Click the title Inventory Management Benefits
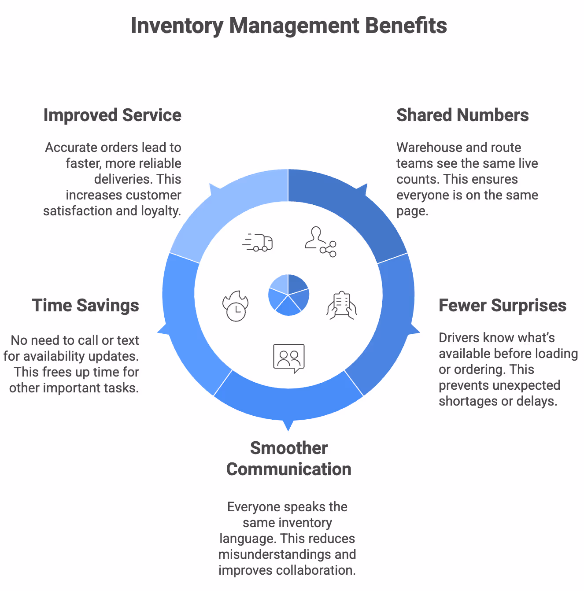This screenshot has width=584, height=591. click(289, 26)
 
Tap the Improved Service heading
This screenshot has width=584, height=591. click(112, 115)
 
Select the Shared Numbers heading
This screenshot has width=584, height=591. click(462, 115)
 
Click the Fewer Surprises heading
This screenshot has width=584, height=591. click(503, 306)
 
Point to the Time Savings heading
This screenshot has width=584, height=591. click(85, 306)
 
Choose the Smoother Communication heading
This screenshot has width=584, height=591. click(289, 458)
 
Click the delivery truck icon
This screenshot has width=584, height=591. click(258, 242)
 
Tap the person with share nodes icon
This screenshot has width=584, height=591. click(321, 242)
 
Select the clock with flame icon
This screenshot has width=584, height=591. click(236, 306)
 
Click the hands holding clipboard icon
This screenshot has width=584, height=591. click(342, 305)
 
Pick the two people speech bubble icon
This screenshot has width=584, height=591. click(289, 358)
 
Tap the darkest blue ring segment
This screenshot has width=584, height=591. click(348, 207)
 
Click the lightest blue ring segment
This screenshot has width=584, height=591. click(229, 207)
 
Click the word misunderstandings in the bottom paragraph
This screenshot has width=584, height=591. click(269, 554)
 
